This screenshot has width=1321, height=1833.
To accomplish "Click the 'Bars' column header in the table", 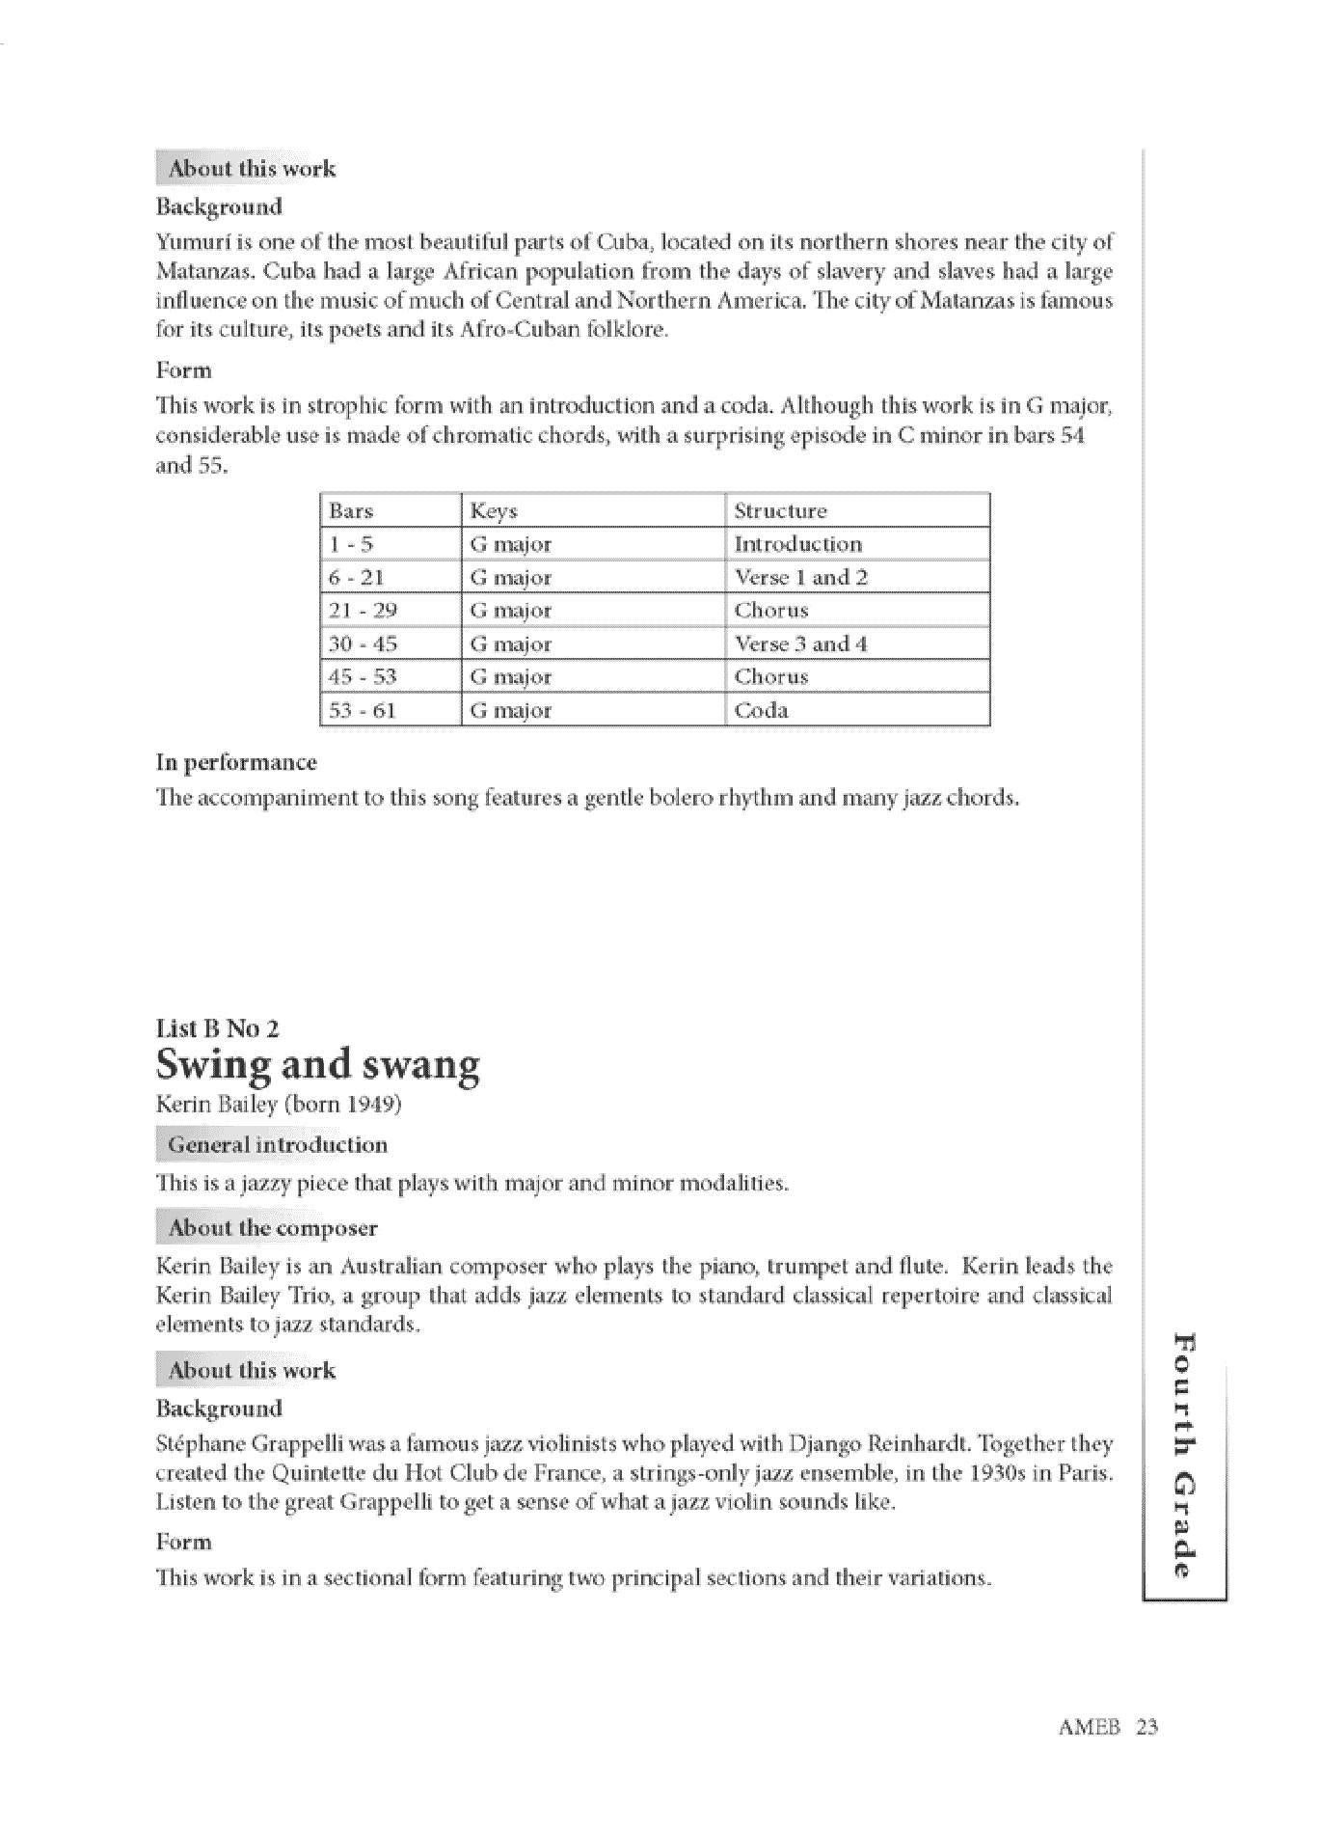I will (x=351, y=510).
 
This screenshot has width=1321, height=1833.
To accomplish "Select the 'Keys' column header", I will (x=494, y=510).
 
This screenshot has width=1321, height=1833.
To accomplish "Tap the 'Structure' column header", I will (x=780, y=510).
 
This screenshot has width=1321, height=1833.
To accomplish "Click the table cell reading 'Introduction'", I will (x=797, y=544).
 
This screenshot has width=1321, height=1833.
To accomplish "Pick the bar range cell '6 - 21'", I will (x=357, y=578).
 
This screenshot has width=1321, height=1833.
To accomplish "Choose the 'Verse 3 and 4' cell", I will (x=800, y=643).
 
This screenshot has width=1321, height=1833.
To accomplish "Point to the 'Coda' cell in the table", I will (x=761, y=710).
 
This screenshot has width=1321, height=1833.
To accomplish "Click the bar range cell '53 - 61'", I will (x=362, y=710).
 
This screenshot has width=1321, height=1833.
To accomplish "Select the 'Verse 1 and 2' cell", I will (x=800, y=578).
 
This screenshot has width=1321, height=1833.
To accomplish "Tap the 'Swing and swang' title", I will (x=317, y=1064).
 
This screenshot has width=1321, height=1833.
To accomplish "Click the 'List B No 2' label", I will (x=217, y=1028).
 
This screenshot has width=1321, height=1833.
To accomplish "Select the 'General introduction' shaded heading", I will (x=277, y=1145).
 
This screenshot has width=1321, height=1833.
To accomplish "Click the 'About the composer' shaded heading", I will (x=272, y=1228).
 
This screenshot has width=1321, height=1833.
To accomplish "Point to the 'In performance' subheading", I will (x=236, y=762).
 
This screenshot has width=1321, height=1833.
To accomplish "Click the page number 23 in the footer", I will (x=1146, y=1727).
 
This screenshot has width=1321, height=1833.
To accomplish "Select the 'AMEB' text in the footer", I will (x=1090, y=1727).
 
